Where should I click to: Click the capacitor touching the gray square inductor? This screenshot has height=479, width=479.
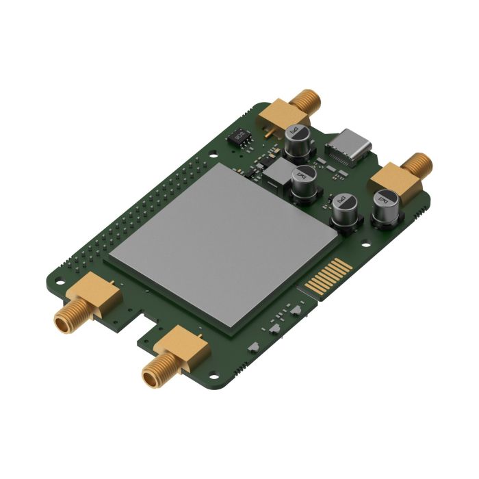click(x=304, y=183)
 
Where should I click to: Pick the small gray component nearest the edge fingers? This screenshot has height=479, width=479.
click(x=296, y=309)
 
